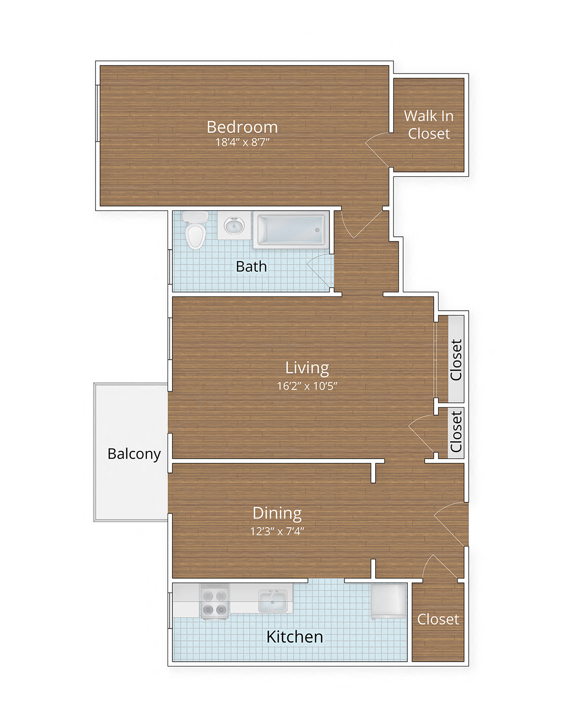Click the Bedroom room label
[x=242, y=127]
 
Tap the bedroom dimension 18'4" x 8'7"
[x=242, y=142]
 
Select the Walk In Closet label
[x=428, y=125]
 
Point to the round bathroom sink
[x=234, y=225]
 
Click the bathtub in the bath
[x=291, y=230]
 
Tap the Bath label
[x=251, y=267]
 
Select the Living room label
[x=307, y=368]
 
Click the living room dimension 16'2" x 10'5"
[x=307, y=386]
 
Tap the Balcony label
[x=134, y=454]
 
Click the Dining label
[x=277, y=513]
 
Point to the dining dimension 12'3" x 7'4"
[x=277, y=531]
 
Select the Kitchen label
[x=294, y=637]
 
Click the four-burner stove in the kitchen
[x=214, y=602]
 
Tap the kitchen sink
[x=273, y=600]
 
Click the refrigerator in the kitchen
[x=388, y=600]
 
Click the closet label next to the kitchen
[x=438, y=619]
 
